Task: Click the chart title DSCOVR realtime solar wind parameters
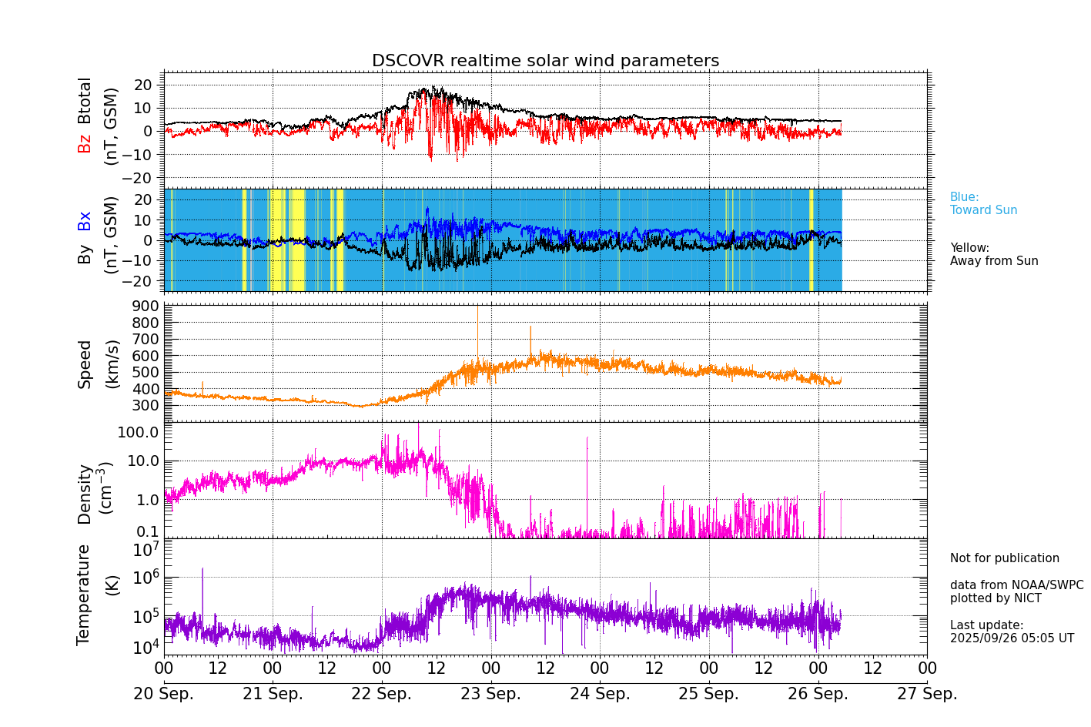point(545,61)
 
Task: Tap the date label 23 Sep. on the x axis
point(490,694)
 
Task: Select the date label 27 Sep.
point(927,694)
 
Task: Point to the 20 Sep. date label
point(164,694)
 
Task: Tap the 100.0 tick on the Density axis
point(139,432)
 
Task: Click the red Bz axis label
point(84,144)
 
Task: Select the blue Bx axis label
point(84,221)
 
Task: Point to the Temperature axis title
point(84,594)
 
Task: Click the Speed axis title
point(84,364)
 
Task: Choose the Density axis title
point(84,494)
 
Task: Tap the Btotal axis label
point(84,101)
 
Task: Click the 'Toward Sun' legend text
point(983,210)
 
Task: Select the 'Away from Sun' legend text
point(994,261)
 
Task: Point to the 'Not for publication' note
point(1004,558)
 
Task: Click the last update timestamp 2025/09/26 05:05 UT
point(1012,638)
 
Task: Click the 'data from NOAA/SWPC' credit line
point(1016,585)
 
